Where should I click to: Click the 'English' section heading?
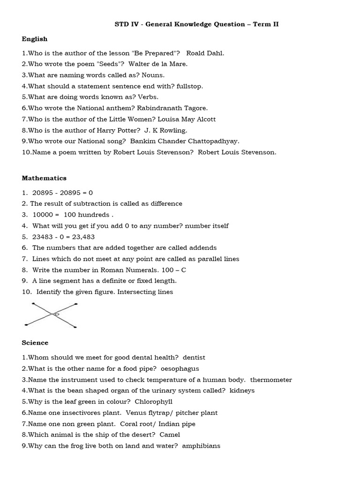click(35, 39)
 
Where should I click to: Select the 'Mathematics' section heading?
click(44, 178)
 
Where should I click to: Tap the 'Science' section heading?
click(35, 343)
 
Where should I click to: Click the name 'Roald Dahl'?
click(205, 53)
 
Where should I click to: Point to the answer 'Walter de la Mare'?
click(151, 64)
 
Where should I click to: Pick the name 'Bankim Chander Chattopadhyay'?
click(185, 141)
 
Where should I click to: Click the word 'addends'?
click(202, 247)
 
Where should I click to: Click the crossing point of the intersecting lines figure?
click(52, 314)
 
